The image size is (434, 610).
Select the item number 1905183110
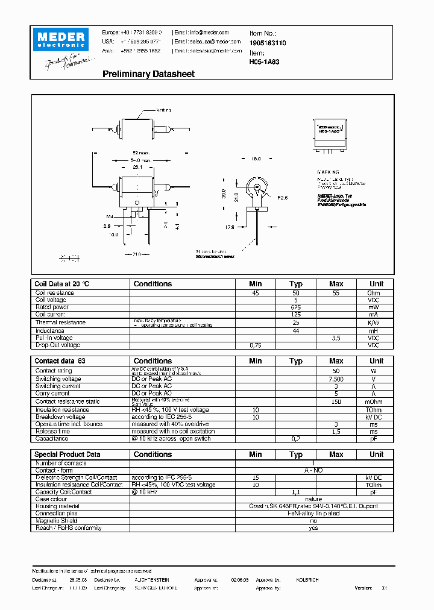[x=268, y=43]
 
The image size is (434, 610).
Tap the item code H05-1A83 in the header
[x=263, y=61]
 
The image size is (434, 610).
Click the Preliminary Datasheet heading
[x=148, y=74]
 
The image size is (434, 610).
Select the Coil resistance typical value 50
[x=295, y=293]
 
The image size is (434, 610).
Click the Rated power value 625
[x=295, y=307]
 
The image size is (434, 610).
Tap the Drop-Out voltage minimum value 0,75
[x=256, y=345]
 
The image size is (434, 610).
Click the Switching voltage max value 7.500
[x=336, y=379]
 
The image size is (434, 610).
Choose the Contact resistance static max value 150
[x=336, y=401]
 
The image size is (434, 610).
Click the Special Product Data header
[x=68, y=454]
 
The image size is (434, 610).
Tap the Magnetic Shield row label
[x=56, y=521]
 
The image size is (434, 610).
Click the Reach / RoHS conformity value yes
[x=313, y=528]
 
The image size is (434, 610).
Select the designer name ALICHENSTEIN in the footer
[x=151, y=580]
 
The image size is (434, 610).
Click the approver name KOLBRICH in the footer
[x=307, y=580]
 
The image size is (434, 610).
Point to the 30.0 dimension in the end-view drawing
[x=223, y=194]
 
